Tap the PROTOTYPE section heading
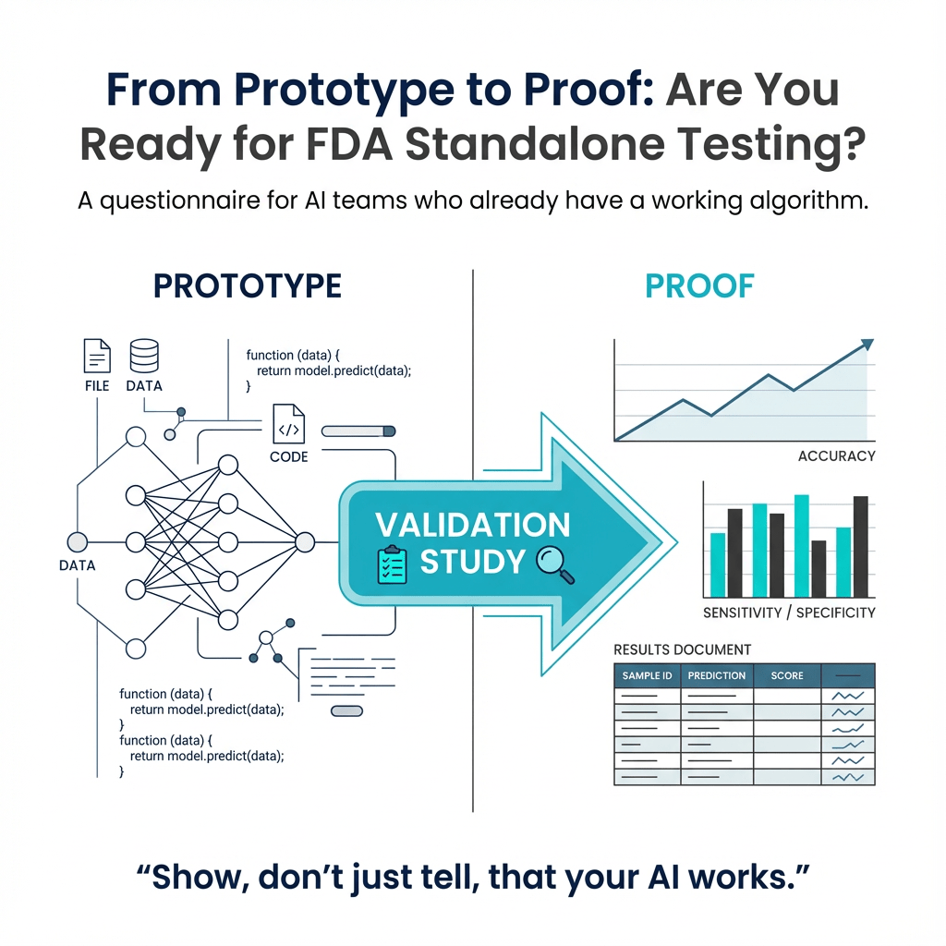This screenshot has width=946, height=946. [x=248, y=286]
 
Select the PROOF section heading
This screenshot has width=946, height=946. [x=699, y=286]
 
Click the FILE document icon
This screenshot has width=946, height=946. [x=97, y=356]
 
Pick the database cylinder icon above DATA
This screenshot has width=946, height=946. [x=144, y=356]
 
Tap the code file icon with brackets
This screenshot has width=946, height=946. [x=289, y=423]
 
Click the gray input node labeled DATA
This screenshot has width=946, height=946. [x=78, y=542]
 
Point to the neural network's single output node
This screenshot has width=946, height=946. [x=305, y=542]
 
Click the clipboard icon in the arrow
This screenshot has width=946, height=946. [x=392, y=564]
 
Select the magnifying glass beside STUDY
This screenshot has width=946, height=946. [x=555, y=564]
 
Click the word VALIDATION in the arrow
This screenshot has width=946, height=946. [x=472, y=525]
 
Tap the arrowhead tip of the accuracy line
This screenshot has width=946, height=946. [x=873, y=341]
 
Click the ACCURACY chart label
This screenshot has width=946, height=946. [x=836, y=456]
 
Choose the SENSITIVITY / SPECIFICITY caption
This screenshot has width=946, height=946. [x=789, y=613]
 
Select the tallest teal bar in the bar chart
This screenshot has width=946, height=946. [x=802, y=546]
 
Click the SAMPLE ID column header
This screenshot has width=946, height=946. [x=647, y=675]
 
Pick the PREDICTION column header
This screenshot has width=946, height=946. [x=717, y=675]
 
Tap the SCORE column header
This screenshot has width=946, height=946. [x=787, y=675]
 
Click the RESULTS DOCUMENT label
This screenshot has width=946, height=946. [x=683, y=649]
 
